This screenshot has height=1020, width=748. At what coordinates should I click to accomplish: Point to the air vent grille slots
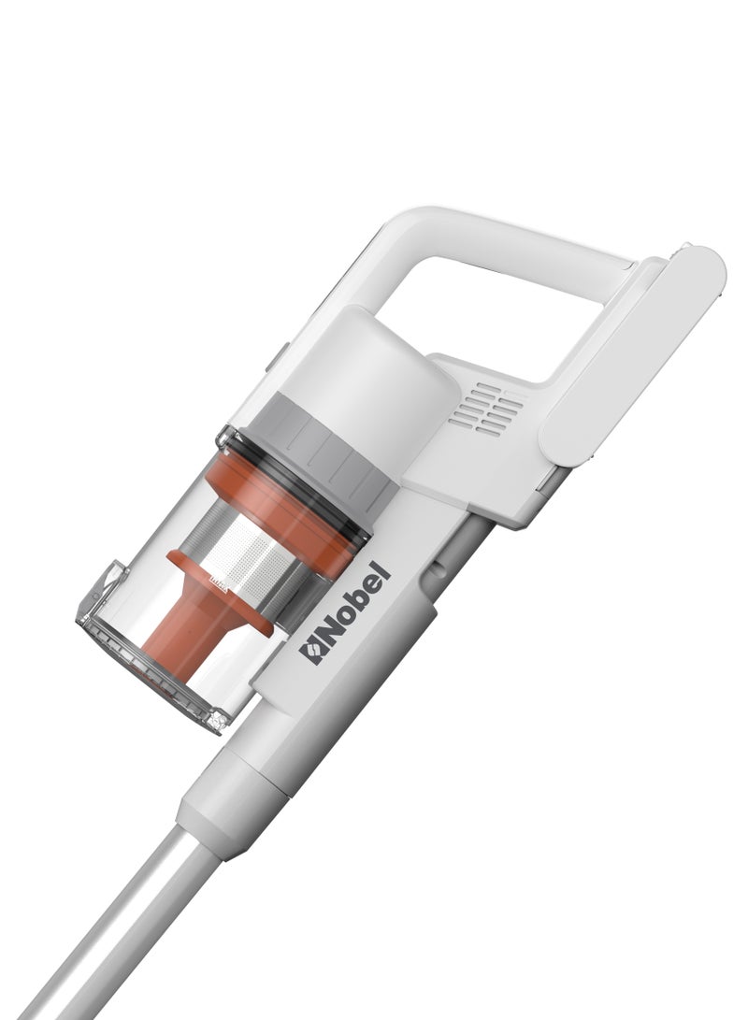485,409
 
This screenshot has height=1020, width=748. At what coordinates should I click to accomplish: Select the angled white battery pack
631,354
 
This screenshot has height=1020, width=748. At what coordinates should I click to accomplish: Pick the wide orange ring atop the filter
286,510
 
